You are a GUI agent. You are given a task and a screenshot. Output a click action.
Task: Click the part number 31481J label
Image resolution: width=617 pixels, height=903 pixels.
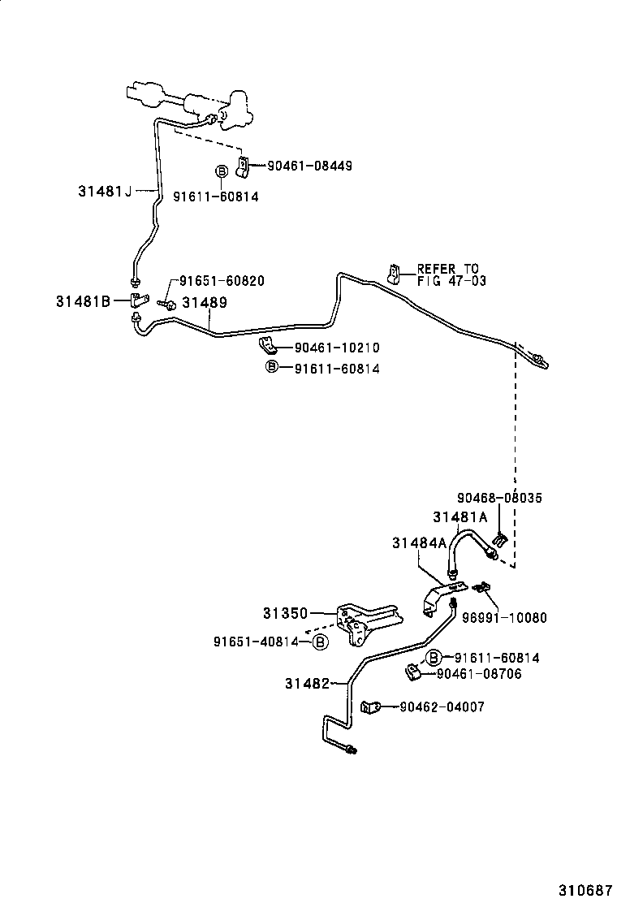105,192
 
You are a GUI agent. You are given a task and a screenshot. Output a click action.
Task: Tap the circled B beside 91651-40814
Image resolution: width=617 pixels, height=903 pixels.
320,642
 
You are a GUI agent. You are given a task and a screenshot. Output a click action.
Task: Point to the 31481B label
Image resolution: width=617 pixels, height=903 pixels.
83,300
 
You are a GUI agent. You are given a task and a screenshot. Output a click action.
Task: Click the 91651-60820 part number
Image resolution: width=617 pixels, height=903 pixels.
222,281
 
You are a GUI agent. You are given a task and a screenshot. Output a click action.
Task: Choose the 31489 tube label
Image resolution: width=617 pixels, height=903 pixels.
204,302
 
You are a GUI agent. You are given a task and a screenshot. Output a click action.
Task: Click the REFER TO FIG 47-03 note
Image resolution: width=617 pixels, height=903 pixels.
447,274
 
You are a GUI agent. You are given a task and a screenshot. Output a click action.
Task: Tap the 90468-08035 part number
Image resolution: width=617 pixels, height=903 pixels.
499,498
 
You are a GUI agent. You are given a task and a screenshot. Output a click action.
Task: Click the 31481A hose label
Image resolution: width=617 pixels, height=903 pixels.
460,516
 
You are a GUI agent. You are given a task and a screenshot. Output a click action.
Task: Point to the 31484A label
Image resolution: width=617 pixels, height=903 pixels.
419,543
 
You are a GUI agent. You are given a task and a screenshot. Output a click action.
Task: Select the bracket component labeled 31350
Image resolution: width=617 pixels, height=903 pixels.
365,622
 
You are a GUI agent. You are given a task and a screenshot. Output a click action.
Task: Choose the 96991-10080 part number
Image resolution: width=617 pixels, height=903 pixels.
504,617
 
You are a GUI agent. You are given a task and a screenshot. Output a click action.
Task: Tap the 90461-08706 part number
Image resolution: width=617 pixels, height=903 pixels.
479,674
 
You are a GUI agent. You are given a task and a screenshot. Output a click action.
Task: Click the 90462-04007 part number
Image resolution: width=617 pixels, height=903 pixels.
442,707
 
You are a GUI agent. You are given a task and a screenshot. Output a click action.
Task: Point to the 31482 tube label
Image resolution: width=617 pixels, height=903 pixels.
307,684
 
